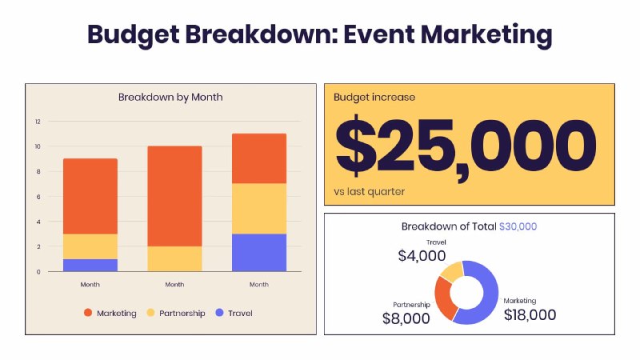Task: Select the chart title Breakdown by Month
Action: tap(170, 97)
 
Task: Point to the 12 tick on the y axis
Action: tap(37, 122)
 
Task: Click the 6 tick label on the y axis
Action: tap(37, 197)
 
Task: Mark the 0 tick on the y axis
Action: tap(37, 271)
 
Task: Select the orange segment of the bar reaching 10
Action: tap(174, 196)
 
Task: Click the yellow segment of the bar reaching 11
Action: tap(259, 209)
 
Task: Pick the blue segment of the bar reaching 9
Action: tap(90, 265)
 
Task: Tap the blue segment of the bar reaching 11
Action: tap(259, 252)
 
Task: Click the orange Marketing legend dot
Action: tap(87, 313)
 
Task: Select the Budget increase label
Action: tap(374, 98)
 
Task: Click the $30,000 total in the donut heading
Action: tap(518, 227)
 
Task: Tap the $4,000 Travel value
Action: tap(422, 256)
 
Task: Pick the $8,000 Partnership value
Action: tap(406, 318)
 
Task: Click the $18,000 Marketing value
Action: tap(530, 314)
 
